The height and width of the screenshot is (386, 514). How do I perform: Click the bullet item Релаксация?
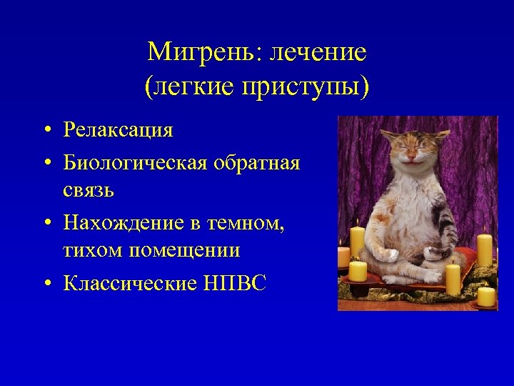point(118,130)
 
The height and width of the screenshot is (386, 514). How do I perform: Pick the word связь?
point(89,192)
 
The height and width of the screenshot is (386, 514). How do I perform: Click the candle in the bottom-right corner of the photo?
point(486,296)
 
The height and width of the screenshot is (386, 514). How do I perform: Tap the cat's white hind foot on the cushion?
point(391,275)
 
